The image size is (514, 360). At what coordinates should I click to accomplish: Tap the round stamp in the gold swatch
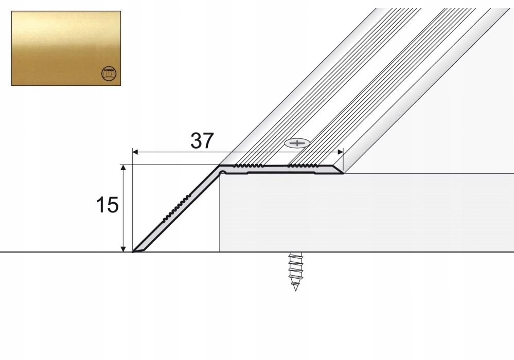(x=109, y=74)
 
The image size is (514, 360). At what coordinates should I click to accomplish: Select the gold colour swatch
(x=66, y=48)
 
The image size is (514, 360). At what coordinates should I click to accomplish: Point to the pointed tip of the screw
(x=295, y=291)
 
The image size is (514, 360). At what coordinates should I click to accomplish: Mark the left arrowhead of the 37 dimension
(x=135, y=152)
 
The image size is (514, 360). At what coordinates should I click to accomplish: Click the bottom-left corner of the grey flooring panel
(x=220, y=251)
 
